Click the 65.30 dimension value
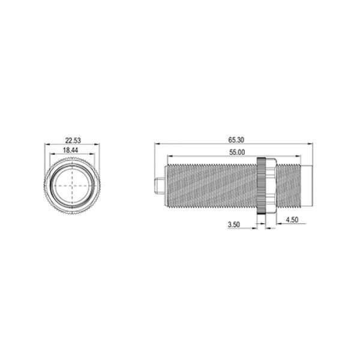click(236, 140)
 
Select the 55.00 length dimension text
click(237, 152)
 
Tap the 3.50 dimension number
click(234, 224)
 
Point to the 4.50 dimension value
click(292, 220)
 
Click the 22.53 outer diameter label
click(73, 140)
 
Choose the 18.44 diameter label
click(70, 150)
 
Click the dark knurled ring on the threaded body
click(261, 186)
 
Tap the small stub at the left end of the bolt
click(160, 186)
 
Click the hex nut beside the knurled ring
click(271, 186)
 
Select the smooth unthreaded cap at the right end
click(307, 186)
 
